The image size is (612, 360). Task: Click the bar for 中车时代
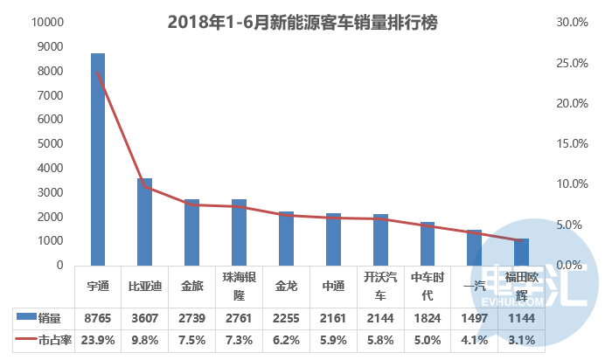tap(428, 243)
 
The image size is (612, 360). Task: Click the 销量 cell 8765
tap(98, 317)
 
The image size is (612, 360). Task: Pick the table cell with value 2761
tap(240, 317)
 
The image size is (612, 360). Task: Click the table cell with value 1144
tap(522, 317)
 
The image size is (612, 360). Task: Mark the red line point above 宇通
tap(98, 73)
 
